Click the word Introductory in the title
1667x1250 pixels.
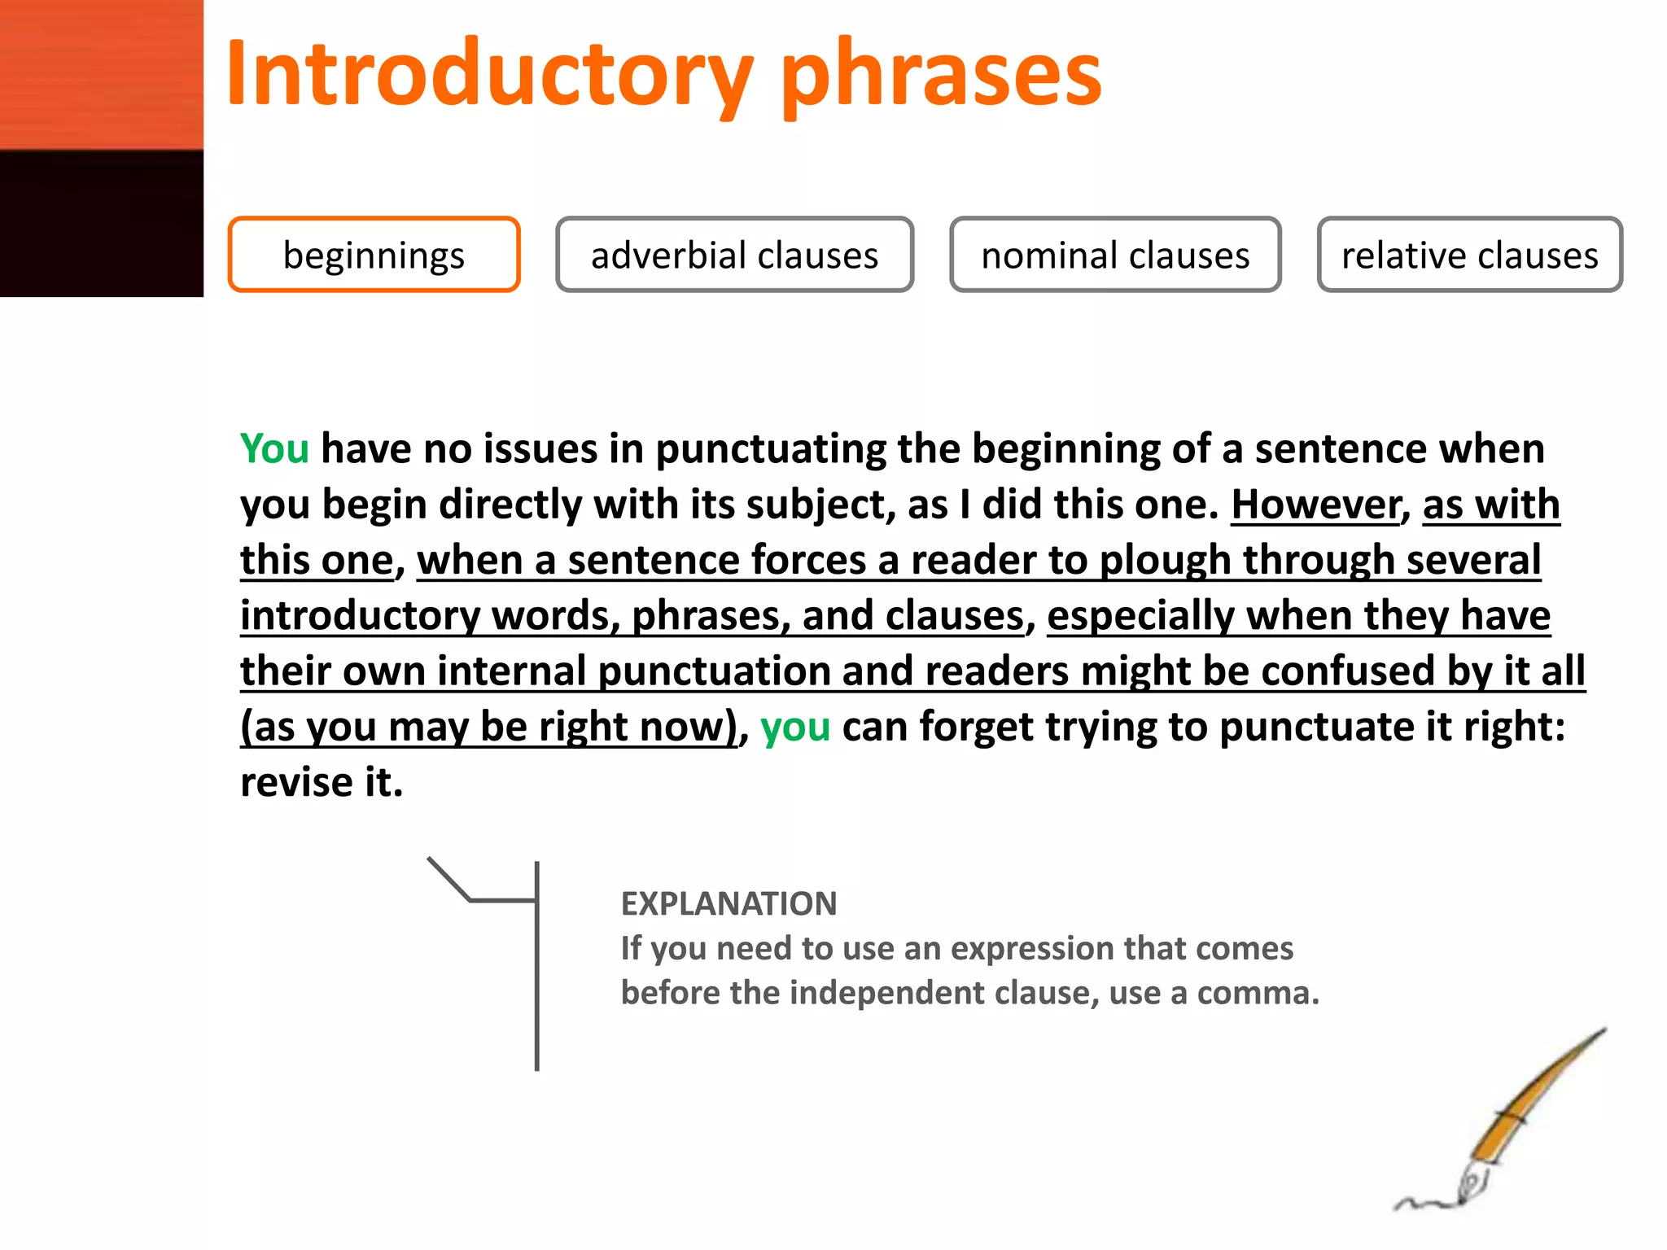(488, 75)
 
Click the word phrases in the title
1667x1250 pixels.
(940, 75)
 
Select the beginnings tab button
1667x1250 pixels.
(374, 255)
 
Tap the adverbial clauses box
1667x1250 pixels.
(734, 255)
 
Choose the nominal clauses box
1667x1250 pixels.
(1115, 255)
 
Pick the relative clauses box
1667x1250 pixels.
(1469, 255)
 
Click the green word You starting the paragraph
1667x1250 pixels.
(274, 448)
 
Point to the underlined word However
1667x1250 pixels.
(1315, 505)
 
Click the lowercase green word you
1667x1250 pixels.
(794, 726)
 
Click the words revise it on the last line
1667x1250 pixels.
(322, 782)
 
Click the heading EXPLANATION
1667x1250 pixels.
(728, 903)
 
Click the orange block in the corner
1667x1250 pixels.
(101, 73)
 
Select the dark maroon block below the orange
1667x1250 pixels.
(101, 224)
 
